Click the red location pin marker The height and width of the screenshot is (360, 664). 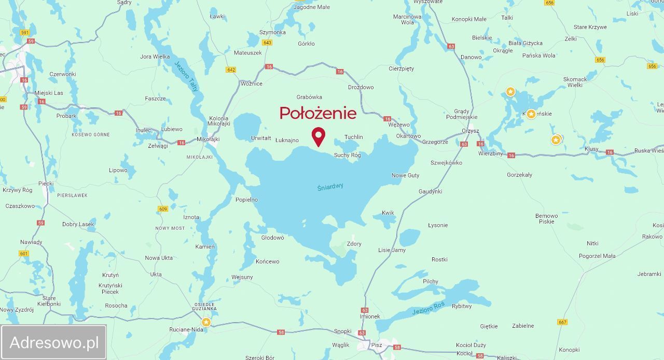(x=318, y=136)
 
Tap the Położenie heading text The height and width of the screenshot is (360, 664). (x=318, y=113)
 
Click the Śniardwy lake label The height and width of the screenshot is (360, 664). (x=330, y=187)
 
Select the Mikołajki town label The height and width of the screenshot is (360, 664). (x=208, y=140)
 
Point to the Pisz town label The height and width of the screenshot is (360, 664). (x=377, y=345)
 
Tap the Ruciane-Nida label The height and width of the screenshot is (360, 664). (x=186, y=329)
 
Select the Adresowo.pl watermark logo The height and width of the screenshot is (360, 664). (x=54, y=342)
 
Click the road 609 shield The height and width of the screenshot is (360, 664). (x=163, y=209)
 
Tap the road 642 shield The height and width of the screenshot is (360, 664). (x=231, y=70)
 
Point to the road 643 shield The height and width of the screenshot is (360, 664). (x=267, y=43)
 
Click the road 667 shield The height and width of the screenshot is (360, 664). (x=562, y=322)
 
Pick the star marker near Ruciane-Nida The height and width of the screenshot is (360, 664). (x=206, y=322)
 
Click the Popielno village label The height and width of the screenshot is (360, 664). (x=246, y=200)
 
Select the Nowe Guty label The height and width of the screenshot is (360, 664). (x=405, y=175)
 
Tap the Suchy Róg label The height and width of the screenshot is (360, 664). (x=347, y=155)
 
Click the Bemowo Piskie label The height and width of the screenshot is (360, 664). (x=547, y=218)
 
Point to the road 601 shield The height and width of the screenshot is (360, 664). (x=23, y=253)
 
